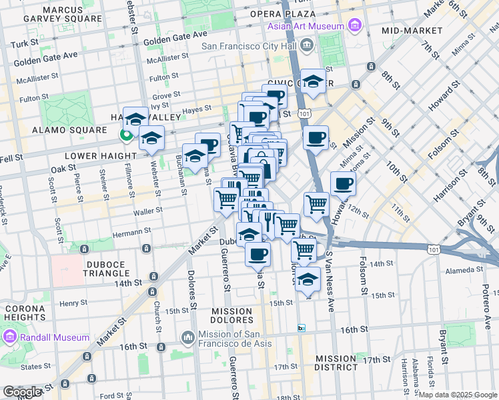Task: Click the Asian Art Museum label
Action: [x=306, y=27]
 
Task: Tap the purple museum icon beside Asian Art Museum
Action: [x=354, y=27]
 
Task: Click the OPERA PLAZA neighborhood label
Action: [x=283, y=13]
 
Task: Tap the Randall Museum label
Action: [x=55, y=337]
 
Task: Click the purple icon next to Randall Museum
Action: [x=10, y=337]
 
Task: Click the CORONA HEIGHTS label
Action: [x=25, y=313]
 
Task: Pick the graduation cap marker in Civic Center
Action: [x=313, y=81]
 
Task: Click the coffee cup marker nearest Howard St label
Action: [x=343, y=183]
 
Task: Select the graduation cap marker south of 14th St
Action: [x=308, y=279]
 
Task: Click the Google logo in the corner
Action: [x=22, y=392]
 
